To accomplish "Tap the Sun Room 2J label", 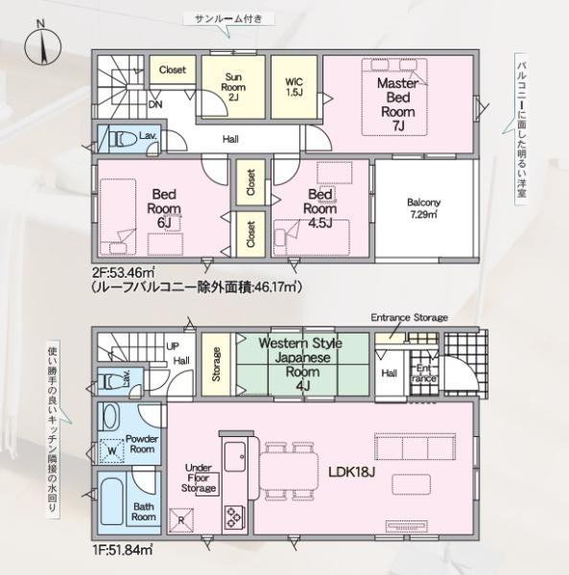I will click(x=233, y=86).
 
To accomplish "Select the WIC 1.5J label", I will click(x=295, y=87).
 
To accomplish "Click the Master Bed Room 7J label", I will click(x=395, y=103).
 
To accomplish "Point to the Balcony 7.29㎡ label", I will click(x=423, y=208).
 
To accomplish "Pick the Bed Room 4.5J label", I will click(x=321, y=208).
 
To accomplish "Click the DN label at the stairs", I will click(x=154, y=104).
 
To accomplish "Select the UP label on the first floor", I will click(x=173, y=346).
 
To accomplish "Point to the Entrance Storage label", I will click(x=409, y=317).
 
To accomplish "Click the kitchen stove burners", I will click(x=234, y=517).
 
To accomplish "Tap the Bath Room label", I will click(x=144, y=511).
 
